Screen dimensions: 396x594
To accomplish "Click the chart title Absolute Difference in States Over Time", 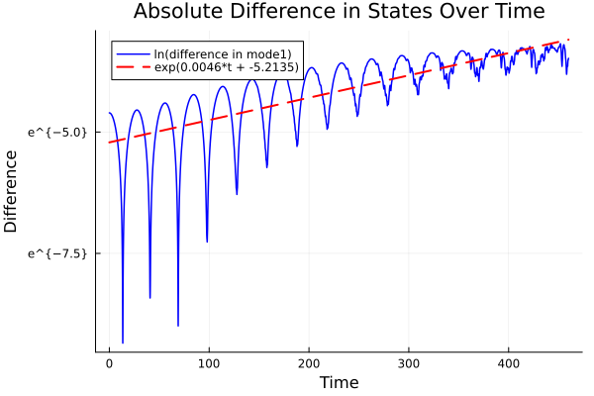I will [x=339, y=12].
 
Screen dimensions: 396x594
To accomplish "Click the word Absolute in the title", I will [x=175, y=12].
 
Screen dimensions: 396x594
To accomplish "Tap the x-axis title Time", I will [x=339, y=382].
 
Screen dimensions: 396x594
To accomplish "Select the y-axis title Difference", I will [x=11, y=191].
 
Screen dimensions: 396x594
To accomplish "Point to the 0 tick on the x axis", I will [x=109, y=363].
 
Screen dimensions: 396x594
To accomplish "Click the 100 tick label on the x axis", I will [x=209, y=363].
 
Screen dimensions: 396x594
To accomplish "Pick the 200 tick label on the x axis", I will [x=309, y=363].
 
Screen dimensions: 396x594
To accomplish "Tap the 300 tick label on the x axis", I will [x=409, y=363].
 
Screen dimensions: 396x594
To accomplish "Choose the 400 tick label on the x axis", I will [x=509, y=363].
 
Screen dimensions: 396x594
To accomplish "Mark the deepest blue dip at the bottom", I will [x=123, y=342].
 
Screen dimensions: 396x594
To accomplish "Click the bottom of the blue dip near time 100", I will [x=207, y=241].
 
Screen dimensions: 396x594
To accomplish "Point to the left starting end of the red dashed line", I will [x=109, y=143].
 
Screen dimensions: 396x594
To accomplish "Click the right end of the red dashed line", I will [x=568, y=40].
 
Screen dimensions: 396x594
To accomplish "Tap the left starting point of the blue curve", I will [x=109, y=113].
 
